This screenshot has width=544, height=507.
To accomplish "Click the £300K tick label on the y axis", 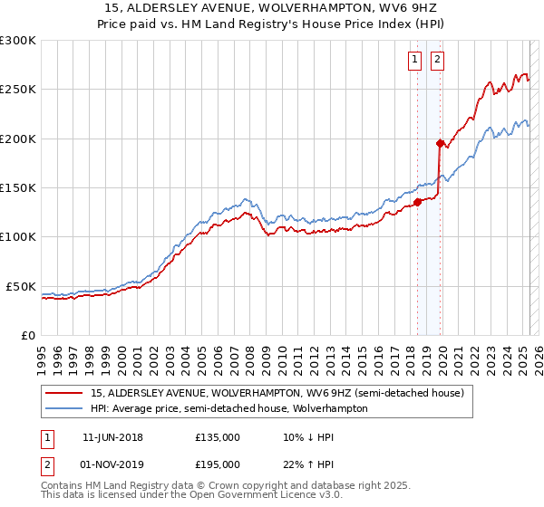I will point(17,41).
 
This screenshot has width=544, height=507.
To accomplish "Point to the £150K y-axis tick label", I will point(17,188).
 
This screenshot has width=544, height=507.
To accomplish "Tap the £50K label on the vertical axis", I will point(21,286).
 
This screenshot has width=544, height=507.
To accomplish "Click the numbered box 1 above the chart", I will point(414,61).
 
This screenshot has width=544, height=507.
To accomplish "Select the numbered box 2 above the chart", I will point(437,61).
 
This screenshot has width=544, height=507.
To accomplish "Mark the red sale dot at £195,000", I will point(440,143).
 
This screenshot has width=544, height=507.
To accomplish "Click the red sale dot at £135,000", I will point(417,202).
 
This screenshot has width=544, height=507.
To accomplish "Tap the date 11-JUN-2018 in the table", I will point(112,437).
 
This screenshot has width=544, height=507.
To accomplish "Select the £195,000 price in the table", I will point(218,464).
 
